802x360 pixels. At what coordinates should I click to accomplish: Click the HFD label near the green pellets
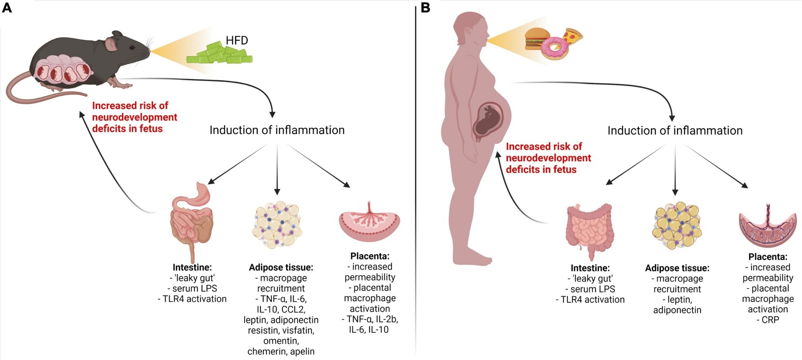237,40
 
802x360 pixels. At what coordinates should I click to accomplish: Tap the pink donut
555,48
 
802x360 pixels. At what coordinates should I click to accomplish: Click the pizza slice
573,37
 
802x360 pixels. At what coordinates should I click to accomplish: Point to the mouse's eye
132,47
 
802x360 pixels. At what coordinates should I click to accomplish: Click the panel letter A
7,8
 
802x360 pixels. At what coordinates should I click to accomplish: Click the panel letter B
425,8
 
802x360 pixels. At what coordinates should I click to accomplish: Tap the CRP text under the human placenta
770,320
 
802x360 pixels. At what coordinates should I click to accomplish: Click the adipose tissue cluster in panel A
277,225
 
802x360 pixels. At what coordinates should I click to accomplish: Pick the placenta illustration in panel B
768,227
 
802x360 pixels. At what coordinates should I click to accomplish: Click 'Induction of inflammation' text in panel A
277,130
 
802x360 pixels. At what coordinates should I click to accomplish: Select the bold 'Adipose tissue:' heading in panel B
677,268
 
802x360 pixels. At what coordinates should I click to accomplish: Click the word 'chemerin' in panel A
265,352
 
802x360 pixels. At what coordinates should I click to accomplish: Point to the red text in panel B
548,158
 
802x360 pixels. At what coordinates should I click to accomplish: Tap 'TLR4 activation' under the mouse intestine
194,299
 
